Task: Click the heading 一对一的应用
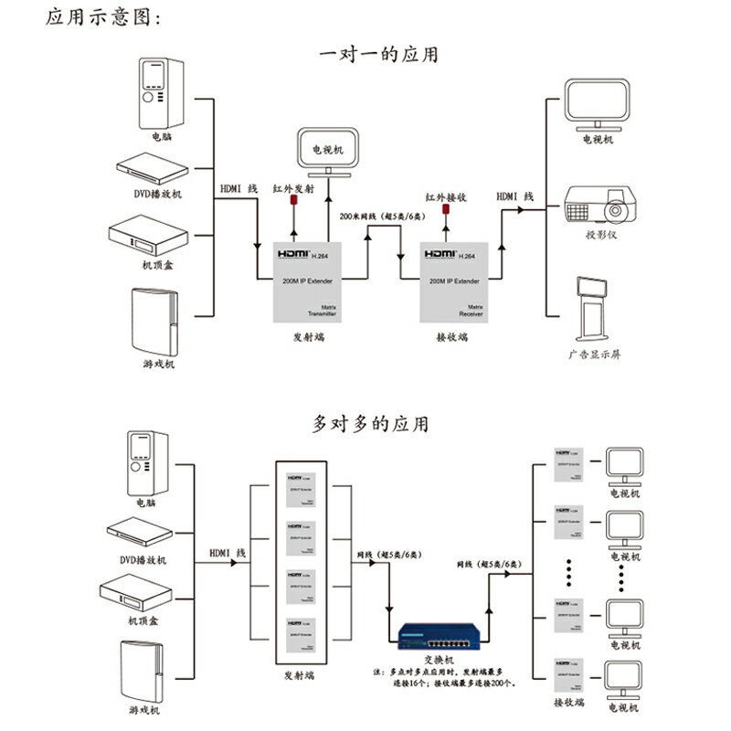pos(377,55)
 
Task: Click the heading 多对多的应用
pos(369,425)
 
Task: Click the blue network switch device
pos(432,631)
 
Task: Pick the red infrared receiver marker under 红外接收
pos(447,216)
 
